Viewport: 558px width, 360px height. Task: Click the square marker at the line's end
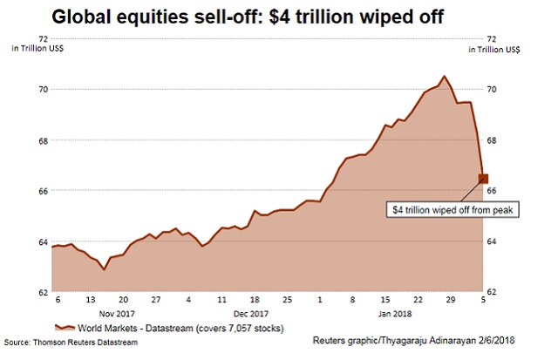pos(483,179)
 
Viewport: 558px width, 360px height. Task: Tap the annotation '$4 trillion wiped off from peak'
pos(453,210)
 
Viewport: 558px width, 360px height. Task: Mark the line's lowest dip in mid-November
pos(105,269)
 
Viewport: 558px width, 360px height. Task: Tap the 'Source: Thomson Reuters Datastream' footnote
pos(70,342)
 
